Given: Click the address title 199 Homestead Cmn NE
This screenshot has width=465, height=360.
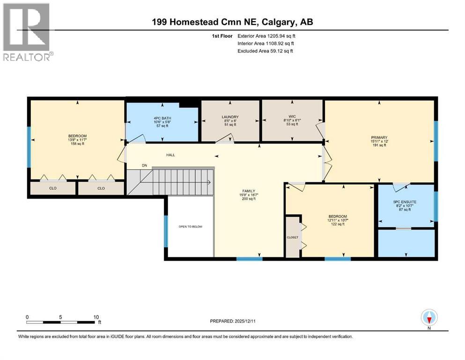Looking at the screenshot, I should tap(232, 22).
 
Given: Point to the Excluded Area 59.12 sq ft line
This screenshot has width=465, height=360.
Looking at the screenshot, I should tap(266, 51).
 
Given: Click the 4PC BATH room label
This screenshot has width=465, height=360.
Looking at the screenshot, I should tap(161, 117).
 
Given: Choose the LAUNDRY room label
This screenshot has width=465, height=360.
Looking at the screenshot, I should tap(230, 117).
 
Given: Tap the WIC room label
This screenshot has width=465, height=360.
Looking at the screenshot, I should tap(292, 117).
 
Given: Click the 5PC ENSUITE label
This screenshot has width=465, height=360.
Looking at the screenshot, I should tap(404, 202).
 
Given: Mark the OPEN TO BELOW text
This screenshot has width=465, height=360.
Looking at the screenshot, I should tap(190, 226).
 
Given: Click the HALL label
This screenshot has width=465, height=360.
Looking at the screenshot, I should tap(170, 155).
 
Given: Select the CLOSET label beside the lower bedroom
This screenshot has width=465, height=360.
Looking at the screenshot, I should tap(292, 238).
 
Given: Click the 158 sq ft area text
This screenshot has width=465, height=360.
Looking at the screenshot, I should tap(77, 144).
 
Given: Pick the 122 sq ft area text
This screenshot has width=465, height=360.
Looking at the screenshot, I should tap(337, 224).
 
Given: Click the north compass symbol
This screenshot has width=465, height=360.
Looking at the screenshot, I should tap(428, 318).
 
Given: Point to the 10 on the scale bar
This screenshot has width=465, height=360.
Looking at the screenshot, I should tap(96, 317).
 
